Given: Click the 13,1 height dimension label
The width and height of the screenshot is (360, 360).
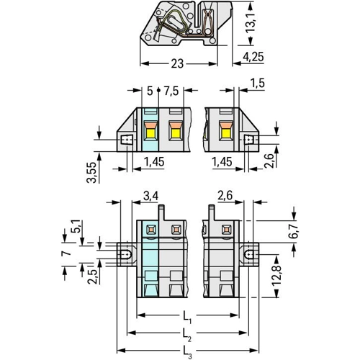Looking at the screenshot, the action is coord(251,23).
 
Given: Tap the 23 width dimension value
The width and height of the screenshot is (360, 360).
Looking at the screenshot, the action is coord(177,63).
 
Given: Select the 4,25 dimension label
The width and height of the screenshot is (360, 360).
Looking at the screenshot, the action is coord(253,57).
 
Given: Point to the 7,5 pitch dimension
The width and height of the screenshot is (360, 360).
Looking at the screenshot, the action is coord(171,91).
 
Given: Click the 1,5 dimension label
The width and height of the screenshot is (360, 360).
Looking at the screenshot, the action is coord(258,83).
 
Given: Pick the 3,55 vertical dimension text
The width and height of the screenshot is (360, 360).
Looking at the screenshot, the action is coord(91,172).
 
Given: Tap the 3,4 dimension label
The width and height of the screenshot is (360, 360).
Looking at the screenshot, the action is coord(151,196).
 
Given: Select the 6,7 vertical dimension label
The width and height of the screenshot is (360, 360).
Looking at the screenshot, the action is coord(293,231).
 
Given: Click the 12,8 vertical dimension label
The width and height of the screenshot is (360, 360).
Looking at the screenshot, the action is coord(276,275).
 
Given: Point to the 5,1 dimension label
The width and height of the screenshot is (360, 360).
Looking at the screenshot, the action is coord(76,226).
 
